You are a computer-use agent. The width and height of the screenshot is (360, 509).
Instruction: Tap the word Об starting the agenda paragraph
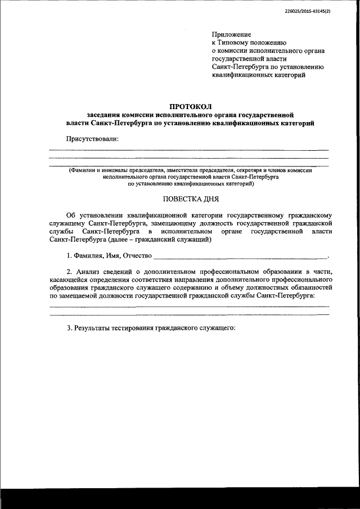tap(70, 215)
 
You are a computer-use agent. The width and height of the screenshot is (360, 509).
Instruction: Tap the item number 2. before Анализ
tap(69, 272)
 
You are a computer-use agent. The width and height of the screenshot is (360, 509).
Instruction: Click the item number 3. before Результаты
tap(69, 327)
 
